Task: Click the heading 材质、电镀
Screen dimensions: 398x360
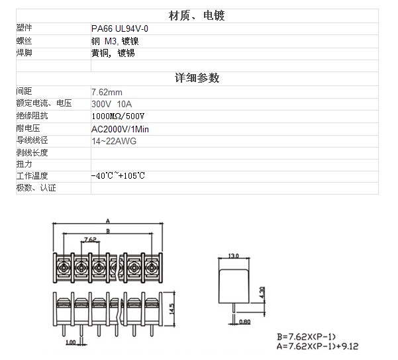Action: (197, 16)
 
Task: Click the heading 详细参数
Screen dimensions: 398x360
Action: (197, 78)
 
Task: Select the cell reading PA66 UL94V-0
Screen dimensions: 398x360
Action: (120, 28)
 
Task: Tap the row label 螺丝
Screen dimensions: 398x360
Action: (24, 41)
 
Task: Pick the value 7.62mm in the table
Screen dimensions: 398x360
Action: (107, 92)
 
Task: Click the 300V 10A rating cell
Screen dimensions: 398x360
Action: (112, 104)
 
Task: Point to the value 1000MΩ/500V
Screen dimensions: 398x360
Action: (118, 116)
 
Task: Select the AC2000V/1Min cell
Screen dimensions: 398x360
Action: (120, 129)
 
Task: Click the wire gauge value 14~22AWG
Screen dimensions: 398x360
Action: (114, 141)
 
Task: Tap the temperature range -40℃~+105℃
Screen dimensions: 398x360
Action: (118, 175)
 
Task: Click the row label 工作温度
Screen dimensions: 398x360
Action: (32, 175)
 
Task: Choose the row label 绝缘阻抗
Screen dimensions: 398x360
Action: (32, 116)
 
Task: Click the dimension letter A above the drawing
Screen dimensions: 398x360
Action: (108, 221)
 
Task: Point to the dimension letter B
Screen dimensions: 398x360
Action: (108, 231)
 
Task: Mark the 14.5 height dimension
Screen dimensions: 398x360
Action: (172, 309)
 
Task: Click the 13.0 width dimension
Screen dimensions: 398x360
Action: (234, 255)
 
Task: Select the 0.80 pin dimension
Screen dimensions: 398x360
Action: (244, 322)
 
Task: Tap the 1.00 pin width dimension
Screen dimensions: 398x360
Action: (71, 342)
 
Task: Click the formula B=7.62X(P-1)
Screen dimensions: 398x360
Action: (307, 337)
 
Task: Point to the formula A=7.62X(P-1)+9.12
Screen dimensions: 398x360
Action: (317, 346)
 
